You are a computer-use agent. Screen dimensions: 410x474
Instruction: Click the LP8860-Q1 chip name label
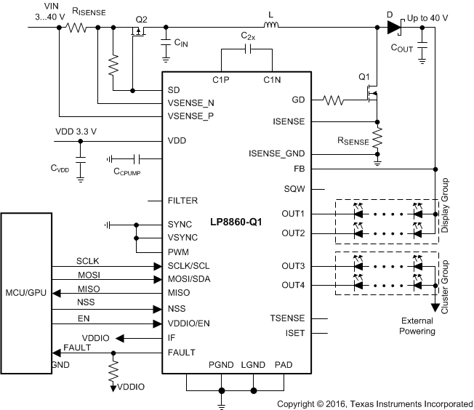(x=236, y=220)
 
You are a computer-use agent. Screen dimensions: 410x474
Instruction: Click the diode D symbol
(x=393, y=28)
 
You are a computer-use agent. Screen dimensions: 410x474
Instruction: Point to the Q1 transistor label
(x=364, y=76)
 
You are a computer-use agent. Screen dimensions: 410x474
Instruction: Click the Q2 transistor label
(x=142, y=19)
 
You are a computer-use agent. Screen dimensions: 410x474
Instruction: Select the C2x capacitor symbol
(x=246, y=49)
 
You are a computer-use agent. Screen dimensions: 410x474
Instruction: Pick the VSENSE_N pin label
(x=190, y=103)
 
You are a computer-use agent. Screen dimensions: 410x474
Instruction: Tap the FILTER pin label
(x=182, y=200)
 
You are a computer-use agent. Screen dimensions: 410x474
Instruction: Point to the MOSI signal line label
(x=88, y=274)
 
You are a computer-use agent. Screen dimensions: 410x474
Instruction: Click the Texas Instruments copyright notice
(x=374, y=403)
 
